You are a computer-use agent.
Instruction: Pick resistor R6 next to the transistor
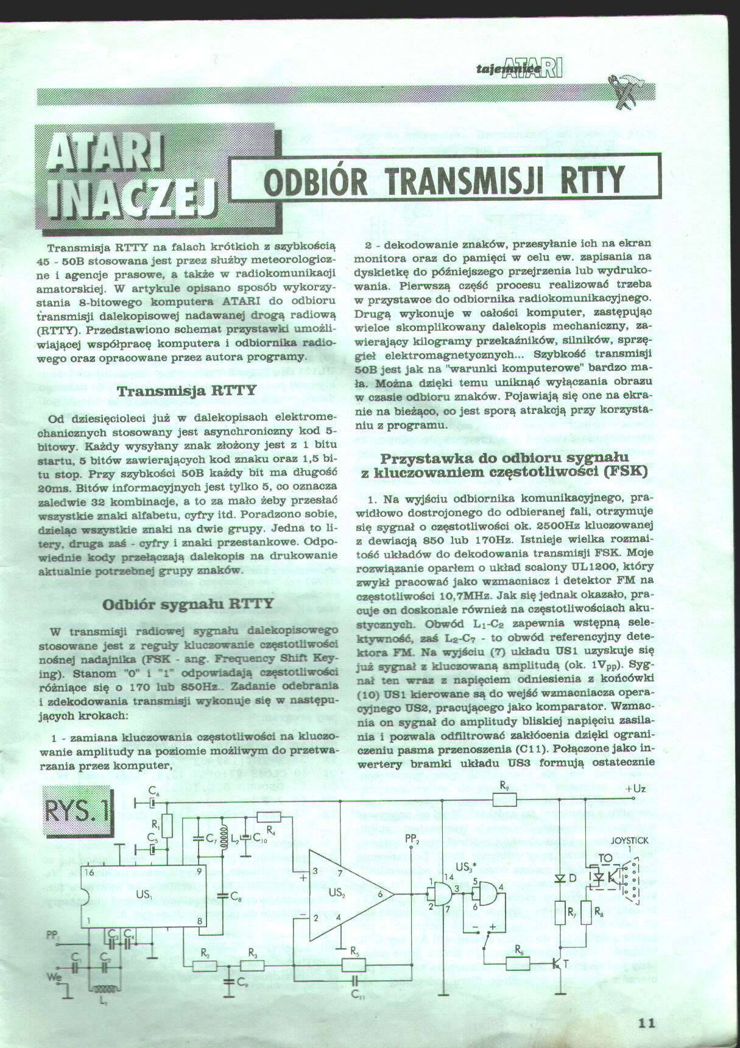518,963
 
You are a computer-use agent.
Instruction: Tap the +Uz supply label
635,789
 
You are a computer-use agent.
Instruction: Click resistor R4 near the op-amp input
269,817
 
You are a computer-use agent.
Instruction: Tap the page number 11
647,1022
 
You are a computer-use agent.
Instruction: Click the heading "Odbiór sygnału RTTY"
188,604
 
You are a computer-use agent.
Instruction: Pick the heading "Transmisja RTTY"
186,390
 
